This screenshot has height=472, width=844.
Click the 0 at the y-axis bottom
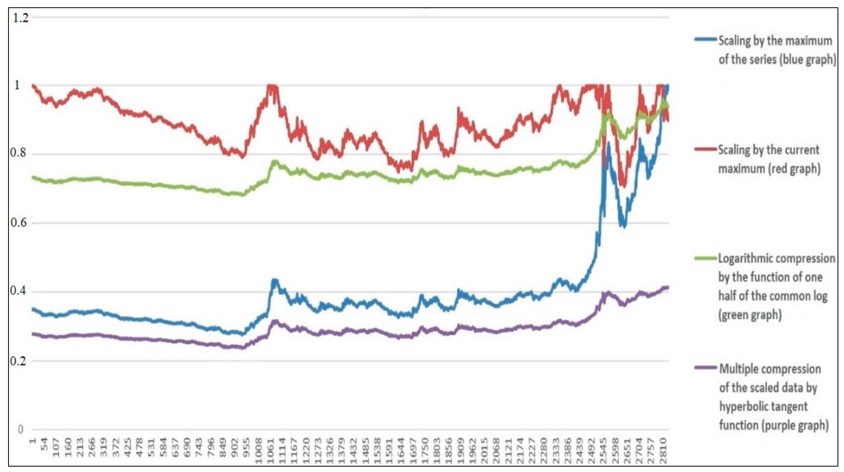pyautogui.click(x=20, y=429)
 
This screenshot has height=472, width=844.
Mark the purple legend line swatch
pyautogui.click(x=705, y=368)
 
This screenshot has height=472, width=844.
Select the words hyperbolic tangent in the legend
pyautogui.click(x=763, y=406)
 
